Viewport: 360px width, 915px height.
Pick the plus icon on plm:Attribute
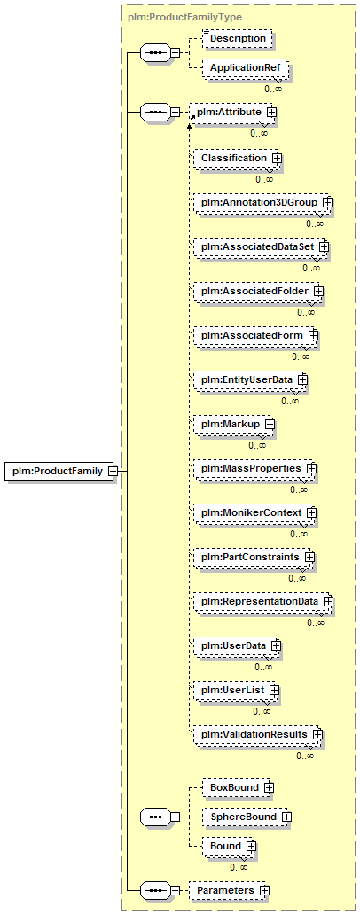click(x=270, y=111)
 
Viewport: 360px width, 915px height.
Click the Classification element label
click(x=233, y=158)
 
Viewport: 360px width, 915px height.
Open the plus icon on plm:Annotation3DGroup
click(x=327, y=202)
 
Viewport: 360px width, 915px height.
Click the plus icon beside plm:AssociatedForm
click(x=313, y=335)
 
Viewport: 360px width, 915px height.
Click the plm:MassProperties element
click(x=255, y=469)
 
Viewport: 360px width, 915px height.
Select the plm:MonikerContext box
click(x=255, y=513)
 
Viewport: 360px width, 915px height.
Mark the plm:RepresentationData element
click(x=263, y=601)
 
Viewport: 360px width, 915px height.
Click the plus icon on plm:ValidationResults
click(x=317, y=733)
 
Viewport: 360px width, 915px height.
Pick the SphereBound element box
click(x=247, y=817)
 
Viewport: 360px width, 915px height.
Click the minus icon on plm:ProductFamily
click(x=113, y=471)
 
